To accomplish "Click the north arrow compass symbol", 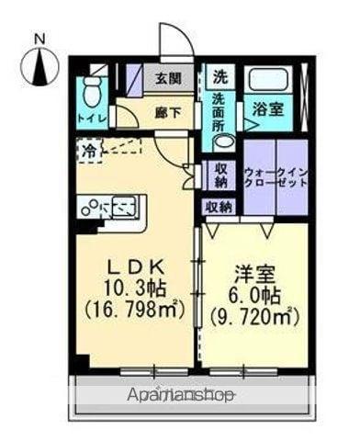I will [x=39, y=66].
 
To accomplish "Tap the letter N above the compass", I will [x=39, y=39].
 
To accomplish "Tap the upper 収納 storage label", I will [x=221, y=174].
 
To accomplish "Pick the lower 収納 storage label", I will [x=219, y=207].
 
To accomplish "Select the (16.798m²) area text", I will [x=134, y=309].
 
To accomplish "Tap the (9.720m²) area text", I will [x=253, y=318].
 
